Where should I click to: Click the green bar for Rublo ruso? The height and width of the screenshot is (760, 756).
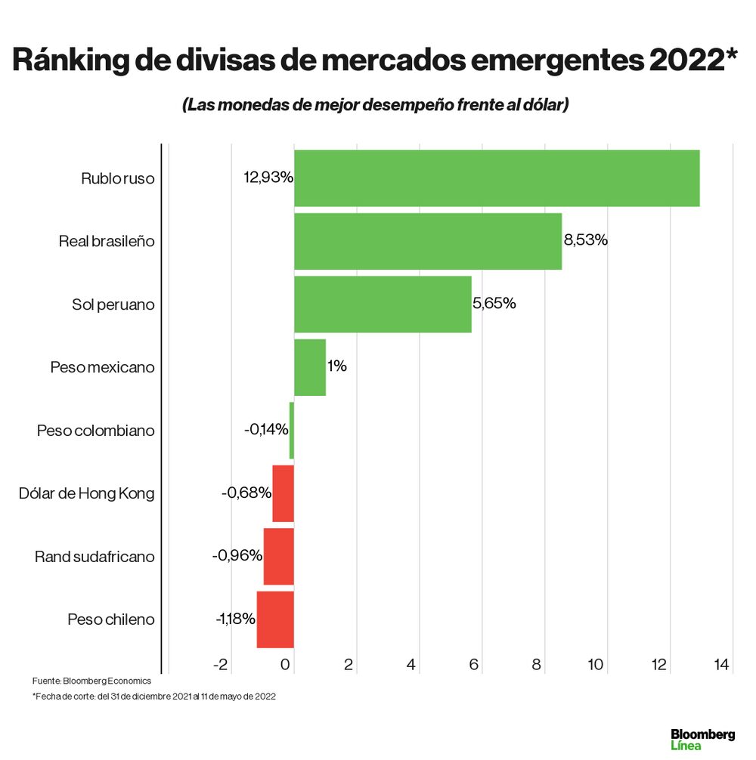(496, 178)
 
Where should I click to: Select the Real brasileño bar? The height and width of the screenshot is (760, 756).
(427, 241)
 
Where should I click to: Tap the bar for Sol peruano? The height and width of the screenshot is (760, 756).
(382, 304)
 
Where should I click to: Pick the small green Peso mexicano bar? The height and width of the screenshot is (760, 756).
(309, 367)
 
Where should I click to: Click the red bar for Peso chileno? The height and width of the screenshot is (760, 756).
(275, 619)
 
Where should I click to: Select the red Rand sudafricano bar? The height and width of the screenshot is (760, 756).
(278, 556)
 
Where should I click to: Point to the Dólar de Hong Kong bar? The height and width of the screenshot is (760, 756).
(283, 493)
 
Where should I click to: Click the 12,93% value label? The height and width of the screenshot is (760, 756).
(268, 178)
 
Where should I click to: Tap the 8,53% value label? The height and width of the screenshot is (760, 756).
(585, 241)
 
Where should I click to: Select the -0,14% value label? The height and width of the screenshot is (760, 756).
(266, 430)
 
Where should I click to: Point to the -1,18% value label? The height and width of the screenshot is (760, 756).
(236, 619)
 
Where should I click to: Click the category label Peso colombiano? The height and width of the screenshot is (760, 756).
(95, 431)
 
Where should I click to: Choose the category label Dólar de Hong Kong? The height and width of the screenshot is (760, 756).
(86, 493)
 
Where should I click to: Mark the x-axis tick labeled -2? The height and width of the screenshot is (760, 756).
(220, 665)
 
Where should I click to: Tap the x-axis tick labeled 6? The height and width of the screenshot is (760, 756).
(474, 665)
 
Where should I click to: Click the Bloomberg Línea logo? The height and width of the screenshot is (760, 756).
(702, 739)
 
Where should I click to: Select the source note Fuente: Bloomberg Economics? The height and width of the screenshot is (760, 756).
(91, 681)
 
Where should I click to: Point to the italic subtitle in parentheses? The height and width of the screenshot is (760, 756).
(375, 105)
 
